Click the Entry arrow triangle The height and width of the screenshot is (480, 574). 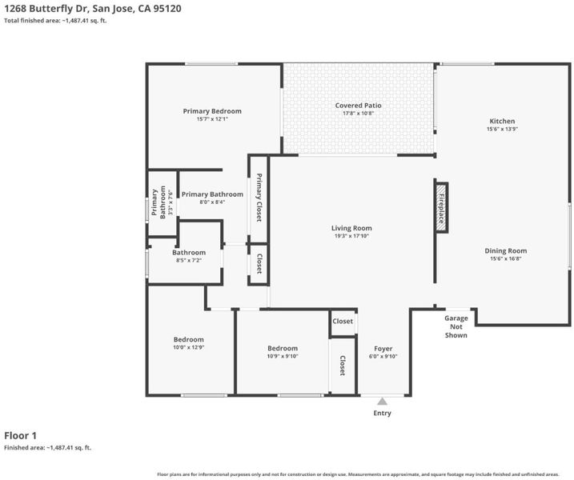pos(382,402)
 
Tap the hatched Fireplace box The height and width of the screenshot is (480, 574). pos(441,207)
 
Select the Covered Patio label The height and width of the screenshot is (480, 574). pos(358,106)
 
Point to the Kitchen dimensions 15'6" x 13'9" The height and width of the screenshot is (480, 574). pos(502,129)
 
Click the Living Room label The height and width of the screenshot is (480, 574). pos(351,228)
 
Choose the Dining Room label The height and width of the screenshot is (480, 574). pos(505,251)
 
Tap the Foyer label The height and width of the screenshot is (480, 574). pos(383,349)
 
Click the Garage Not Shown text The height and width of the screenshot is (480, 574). pos(456,326)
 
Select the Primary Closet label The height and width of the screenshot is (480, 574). pos(259,198)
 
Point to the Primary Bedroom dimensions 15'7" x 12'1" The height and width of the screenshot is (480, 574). pos(212,119)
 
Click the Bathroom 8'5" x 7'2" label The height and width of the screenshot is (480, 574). pos(189,253)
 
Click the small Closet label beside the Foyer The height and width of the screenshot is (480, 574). pos(343,322)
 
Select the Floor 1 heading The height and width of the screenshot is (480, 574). pos(21,436)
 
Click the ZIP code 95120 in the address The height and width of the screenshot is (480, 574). pos(167,9)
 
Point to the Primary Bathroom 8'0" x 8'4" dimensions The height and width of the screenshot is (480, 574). pos(212,202)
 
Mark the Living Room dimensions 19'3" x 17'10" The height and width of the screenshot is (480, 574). pos(351,236)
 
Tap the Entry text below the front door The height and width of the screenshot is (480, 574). pos(382,413)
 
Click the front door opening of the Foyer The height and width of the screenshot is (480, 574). pos(382,395)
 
